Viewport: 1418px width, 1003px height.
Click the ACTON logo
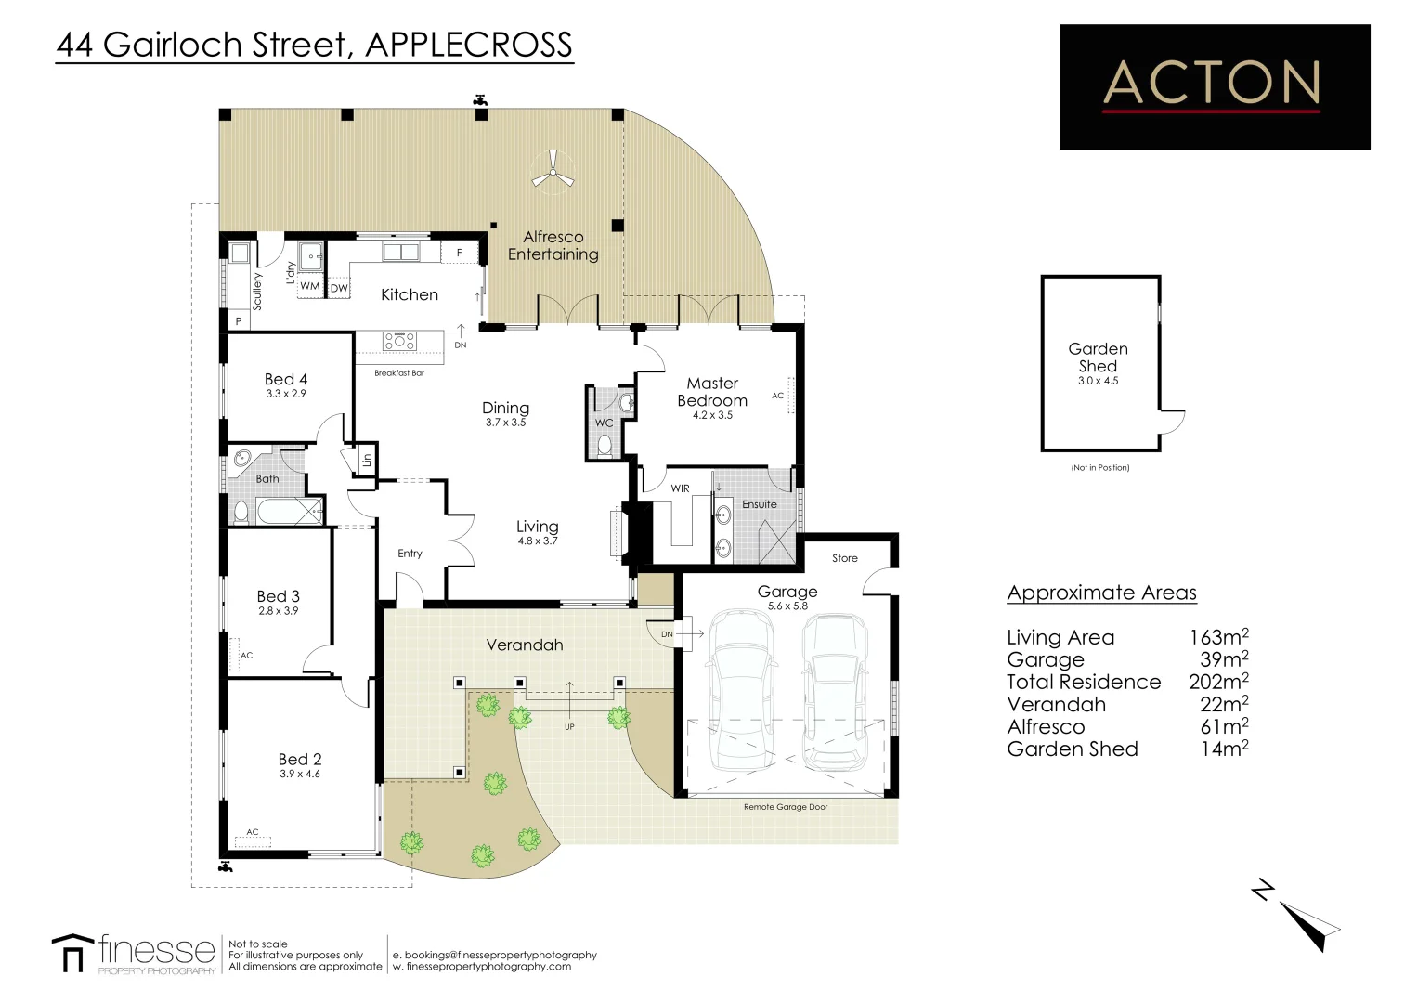point(1215,86)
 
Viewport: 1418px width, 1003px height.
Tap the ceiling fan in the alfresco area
point(553,170)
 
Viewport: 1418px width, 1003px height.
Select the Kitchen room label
point(410,294)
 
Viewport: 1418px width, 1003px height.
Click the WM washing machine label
point(309,286)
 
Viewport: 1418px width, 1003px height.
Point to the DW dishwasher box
point(339,288)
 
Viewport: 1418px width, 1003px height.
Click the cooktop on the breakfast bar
point(399,342)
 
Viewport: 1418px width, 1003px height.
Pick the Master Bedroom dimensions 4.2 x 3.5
point(712,415)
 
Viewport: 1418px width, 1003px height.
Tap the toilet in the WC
point(605,445)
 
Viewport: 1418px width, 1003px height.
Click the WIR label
point(681,488)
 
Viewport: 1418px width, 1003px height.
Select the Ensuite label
point(759,504)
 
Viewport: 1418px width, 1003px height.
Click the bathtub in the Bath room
point(290,511)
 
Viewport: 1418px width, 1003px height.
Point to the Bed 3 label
point(278,596)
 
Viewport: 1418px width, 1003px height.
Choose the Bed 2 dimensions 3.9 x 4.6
point(300,774)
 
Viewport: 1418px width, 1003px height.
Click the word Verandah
point(524,645)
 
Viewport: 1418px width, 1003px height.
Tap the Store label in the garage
point(844,558)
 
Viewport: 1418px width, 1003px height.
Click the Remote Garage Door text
point(786,807)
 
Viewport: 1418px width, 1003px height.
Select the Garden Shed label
point(1099,358)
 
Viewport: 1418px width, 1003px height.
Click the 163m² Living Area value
point(1219,636)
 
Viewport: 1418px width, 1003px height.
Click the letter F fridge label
point(459,252)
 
